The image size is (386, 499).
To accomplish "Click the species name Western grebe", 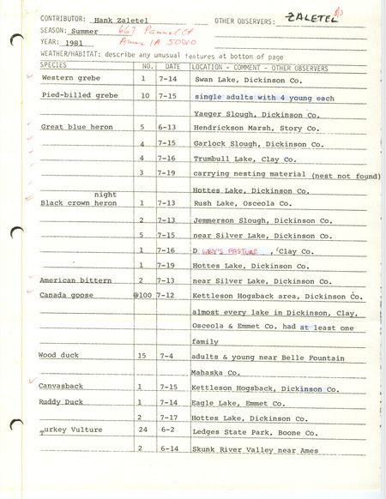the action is coord(65,78).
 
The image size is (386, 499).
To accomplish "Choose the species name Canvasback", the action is coord(60,387).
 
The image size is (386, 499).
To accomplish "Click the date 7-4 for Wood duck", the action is coord(170,354).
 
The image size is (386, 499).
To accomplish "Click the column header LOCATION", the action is coord(212,64).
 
